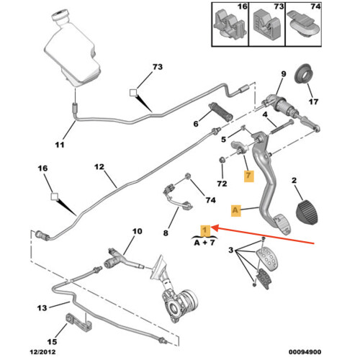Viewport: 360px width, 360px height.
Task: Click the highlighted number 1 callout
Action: coord(205,230)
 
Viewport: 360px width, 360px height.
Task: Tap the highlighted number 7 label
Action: coord(248,176)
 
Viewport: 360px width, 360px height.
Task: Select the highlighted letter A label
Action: coord(235,210)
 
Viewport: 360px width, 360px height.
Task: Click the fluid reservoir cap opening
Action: coord(60,13)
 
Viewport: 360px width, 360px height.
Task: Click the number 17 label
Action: coord(313,102)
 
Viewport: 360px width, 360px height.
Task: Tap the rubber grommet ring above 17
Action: coord(304,74)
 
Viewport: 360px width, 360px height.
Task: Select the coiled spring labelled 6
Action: coord(221,112)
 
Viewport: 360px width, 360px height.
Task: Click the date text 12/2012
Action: coord(42,352)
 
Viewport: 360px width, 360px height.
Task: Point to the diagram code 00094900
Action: coord(305,352)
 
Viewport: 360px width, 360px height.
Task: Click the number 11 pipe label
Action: coord(60,145)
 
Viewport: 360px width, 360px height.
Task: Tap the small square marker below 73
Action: coord(133,93)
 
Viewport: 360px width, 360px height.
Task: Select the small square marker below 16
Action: coord(55,197)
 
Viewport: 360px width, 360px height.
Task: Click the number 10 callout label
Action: coord(138,231)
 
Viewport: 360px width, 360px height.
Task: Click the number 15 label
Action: coord(52,341)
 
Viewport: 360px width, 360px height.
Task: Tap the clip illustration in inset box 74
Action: coord(305,27)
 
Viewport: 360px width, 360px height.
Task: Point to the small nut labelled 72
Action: coord(222,160)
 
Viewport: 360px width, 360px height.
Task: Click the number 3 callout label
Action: coord(230,250)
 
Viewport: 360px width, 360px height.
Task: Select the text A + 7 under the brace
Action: coord(204,243)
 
